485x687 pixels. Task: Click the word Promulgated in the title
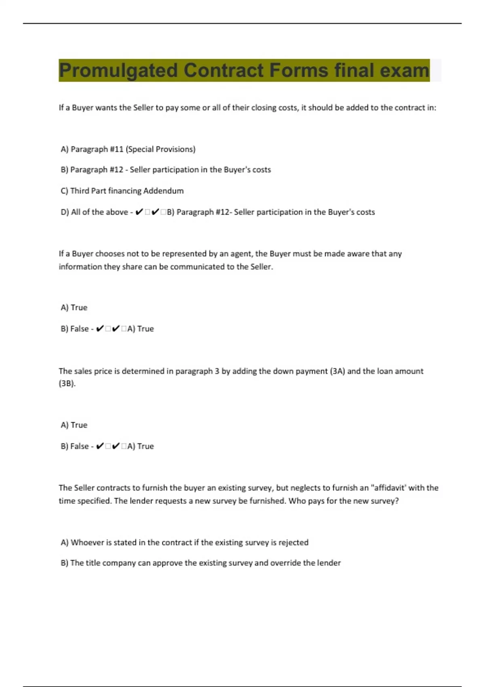pos(118,71)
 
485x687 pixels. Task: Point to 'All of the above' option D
pos(99,212)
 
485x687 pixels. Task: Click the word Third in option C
pos(80,191)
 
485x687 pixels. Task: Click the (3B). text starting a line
pos(67,384)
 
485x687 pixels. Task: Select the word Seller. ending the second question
pos(261,267)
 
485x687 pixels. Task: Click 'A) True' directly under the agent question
pos(74,308)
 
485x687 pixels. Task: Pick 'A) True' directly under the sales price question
pos(74,425)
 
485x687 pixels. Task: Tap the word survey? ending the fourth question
pos(385,501)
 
